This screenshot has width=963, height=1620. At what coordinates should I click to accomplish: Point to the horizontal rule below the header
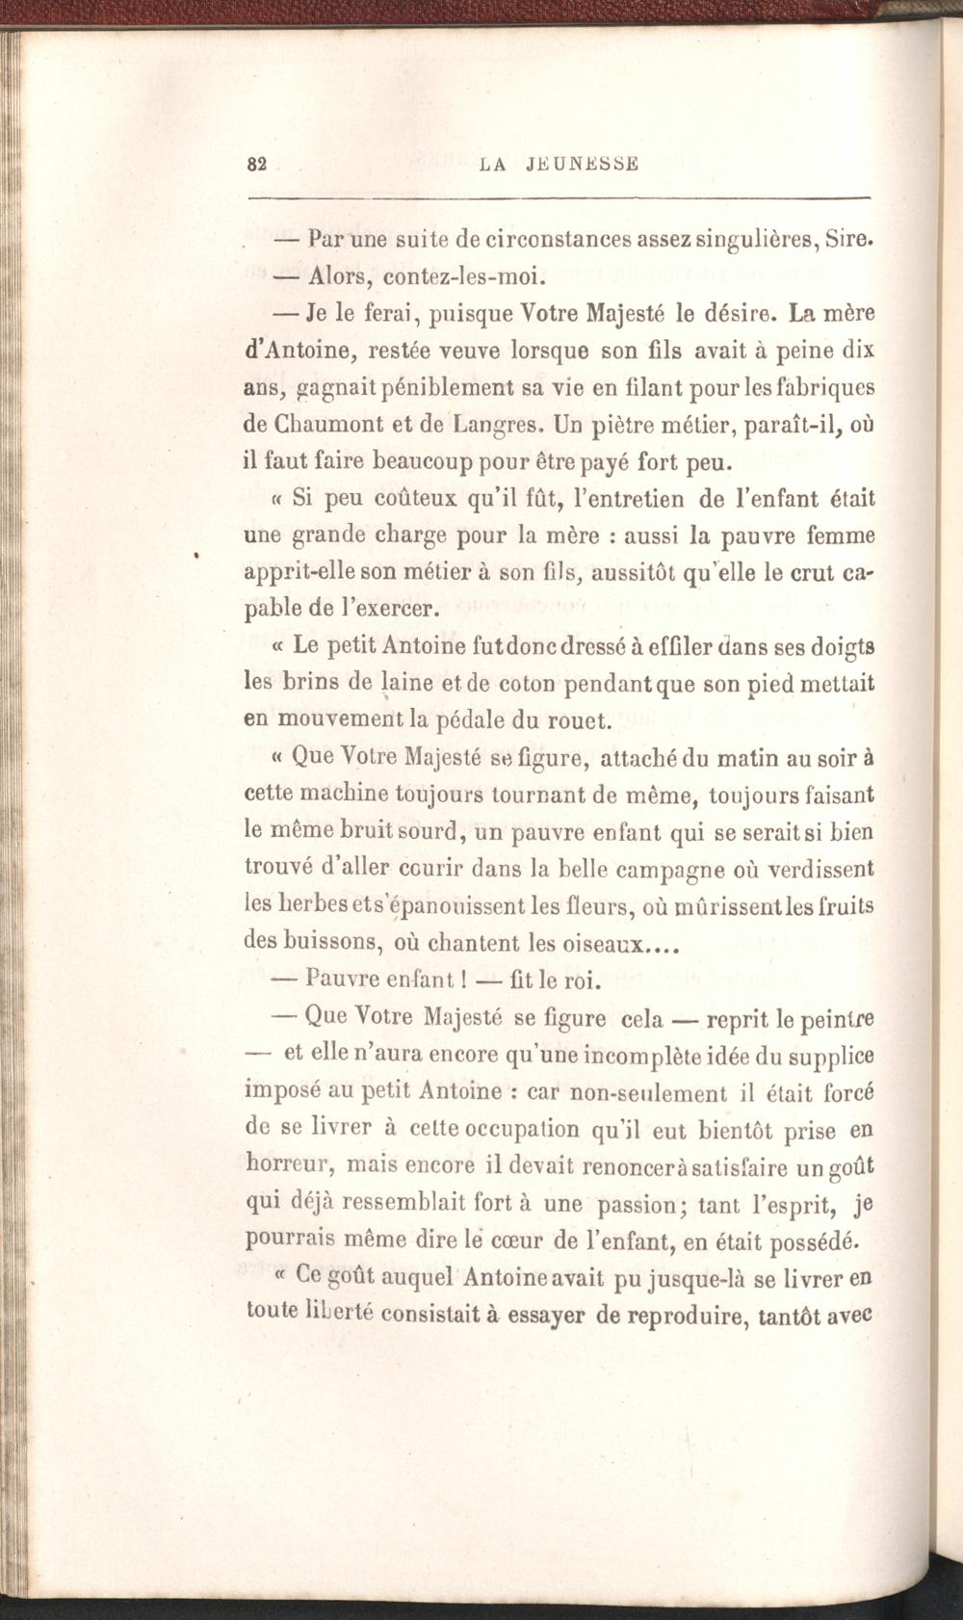[559, 198]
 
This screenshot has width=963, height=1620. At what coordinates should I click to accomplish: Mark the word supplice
[828, 1057]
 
